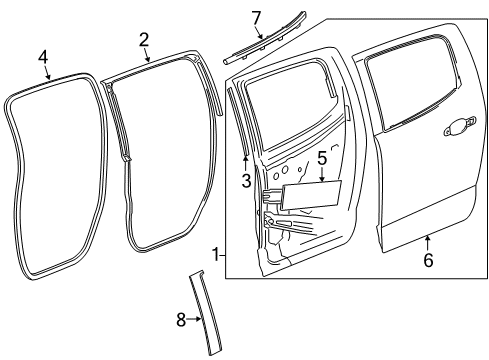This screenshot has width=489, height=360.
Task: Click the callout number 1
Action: coord(216,255)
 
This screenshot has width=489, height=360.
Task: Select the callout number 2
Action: coord(144,39)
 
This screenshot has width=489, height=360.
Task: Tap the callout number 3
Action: coord(245,180)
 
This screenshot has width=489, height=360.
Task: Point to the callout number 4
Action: coord(43,57)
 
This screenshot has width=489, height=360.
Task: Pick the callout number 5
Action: coord(322,157)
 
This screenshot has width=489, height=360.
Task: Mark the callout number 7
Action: coord(256,17)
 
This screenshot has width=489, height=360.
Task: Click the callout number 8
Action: coord(180,319)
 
